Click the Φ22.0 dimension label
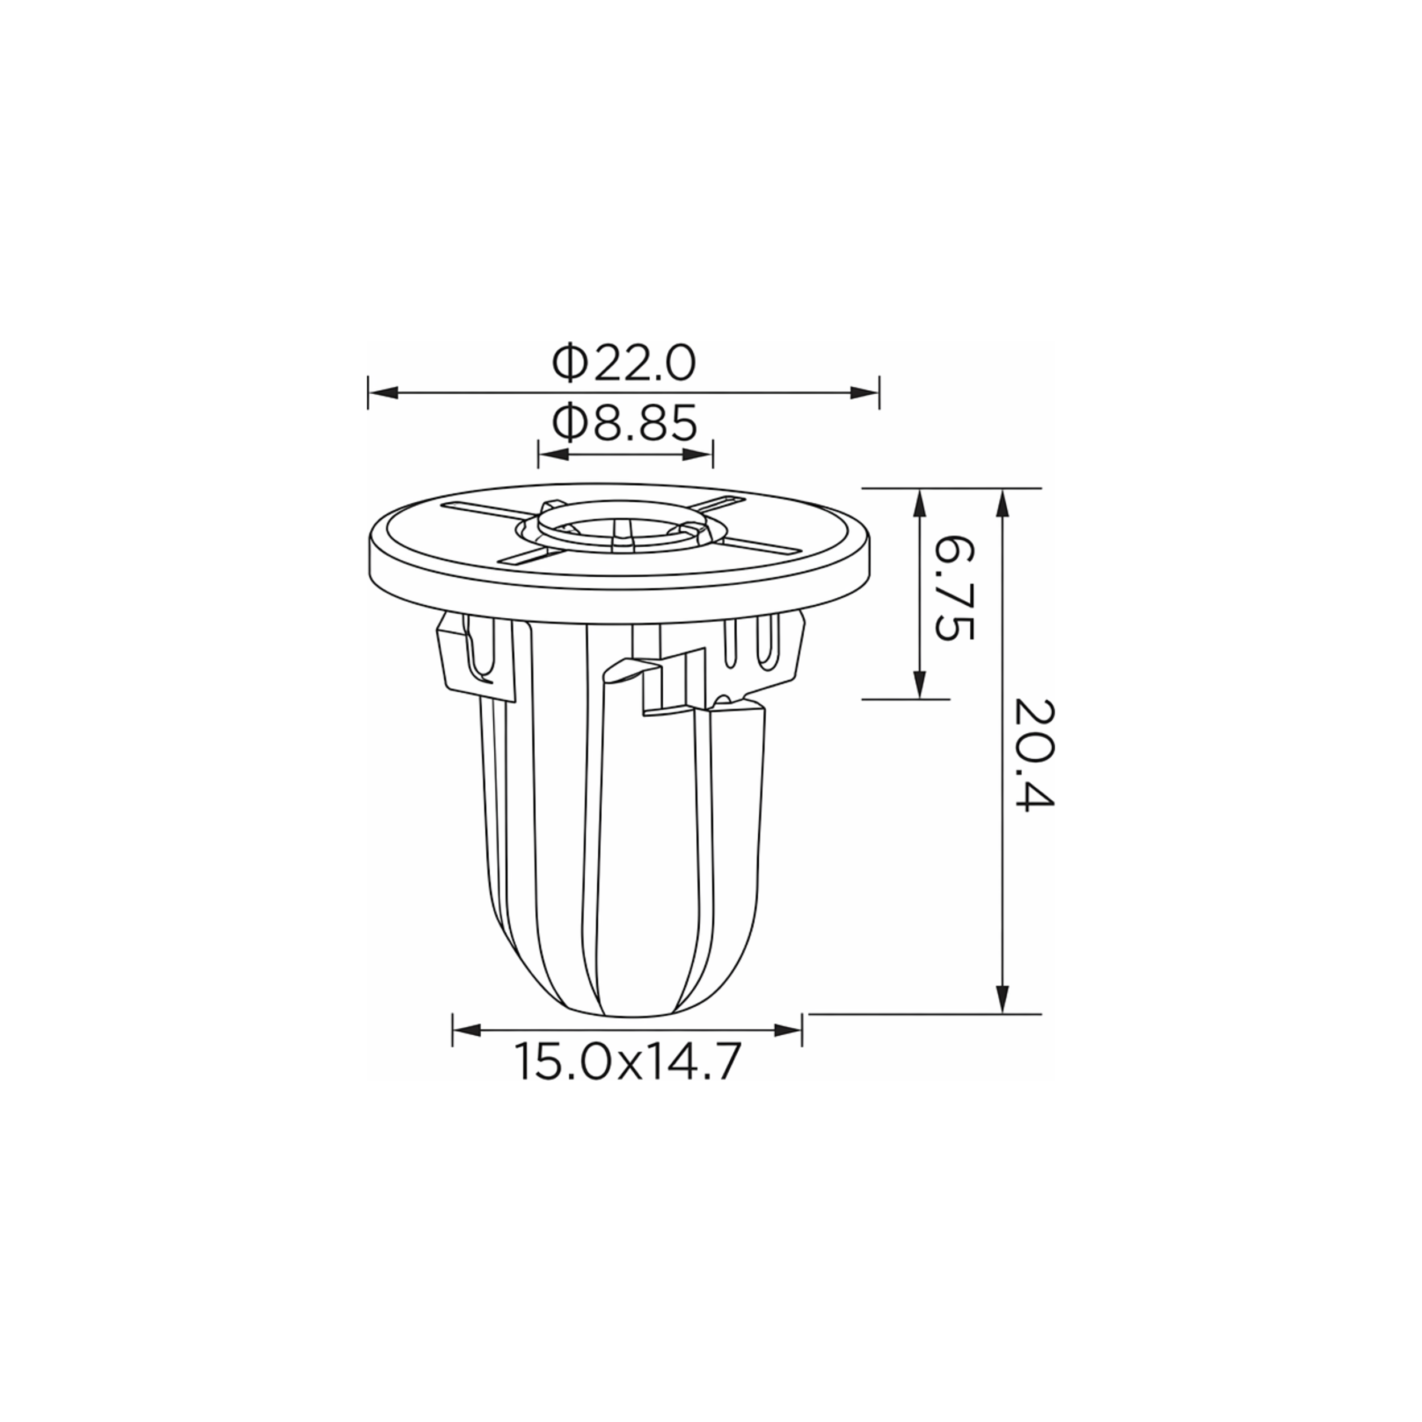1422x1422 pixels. click(624, 363)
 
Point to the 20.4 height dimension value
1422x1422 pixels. click(1034, 754)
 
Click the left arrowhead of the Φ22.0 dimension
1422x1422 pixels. click(383, 392)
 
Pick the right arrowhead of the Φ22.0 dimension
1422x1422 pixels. click(864, 392)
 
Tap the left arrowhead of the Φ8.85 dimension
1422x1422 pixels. click(554, 453)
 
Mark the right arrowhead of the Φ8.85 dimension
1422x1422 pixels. click(698, 453)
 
